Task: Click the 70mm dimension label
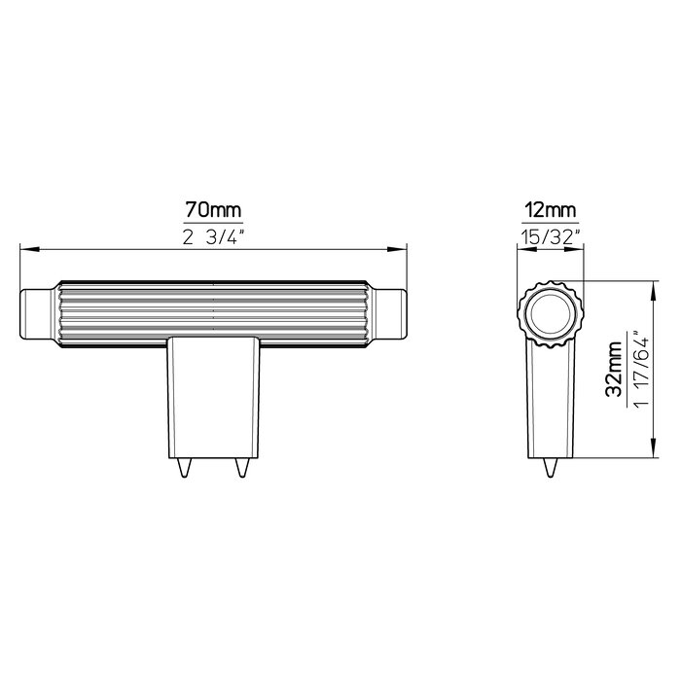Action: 213,210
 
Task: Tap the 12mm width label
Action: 549,210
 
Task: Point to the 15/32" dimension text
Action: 549,237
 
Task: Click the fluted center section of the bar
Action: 213,311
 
